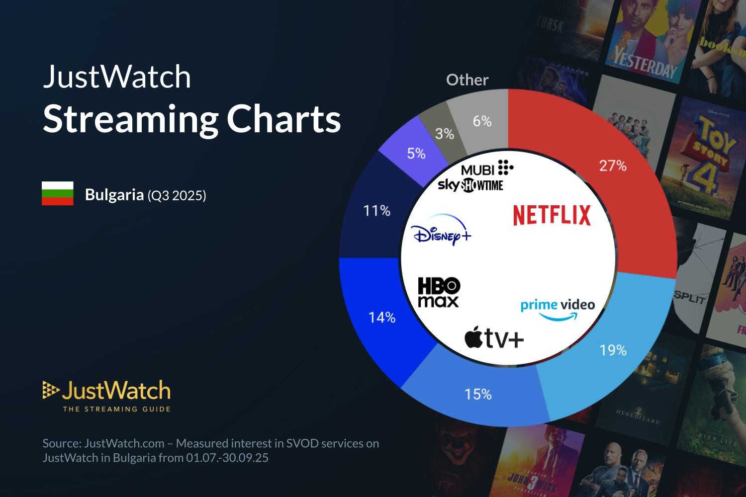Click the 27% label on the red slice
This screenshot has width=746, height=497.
[612, 166]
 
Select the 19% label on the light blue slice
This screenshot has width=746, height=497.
[612, 350]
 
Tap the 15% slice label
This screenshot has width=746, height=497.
[478, 394]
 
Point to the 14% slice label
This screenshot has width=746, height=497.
[381, 318]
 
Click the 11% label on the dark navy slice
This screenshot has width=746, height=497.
[376, 211]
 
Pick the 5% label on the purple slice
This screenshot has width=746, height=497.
[416, 154]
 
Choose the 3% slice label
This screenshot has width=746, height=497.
[444, 134]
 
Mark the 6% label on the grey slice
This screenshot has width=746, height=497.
[481, 121]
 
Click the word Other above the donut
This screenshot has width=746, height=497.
[467, 80]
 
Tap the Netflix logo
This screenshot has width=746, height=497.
[552, 215]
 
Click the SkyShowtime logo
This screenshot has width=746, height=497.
[470, 185]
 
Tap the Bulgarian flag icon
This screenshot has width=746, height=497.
[58, 193]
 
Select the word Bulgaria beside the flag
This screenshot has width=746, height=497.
[114, 194]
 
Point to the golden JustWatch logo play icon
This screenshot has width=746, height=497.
[50, 390]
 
